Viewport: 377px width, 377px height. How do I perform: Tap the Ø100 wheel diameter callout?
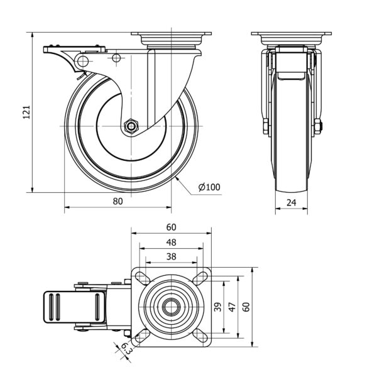pyautogui.click(x=209, y=187)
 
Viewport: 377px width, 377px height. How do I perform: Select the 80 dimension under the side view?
pyautogui.click(x=117, y=201)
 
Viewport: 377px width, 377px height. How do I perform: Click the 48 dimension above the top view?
pyautogui.click(x=171, y=242)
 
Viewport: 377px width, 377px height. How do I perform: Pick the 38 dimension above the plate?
pyautogui.click(x=171, y=256)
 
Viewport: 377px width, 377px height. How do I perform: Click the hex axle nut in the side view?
pyautogui.click(x=131, y=126)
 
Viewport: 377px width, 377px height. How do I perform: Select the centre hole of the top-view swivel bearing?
pyautogui.click(x=170, y=307)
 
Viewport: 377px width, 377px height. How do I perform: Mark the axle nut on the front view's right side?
pyautogui.click(x=318, y=126)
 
